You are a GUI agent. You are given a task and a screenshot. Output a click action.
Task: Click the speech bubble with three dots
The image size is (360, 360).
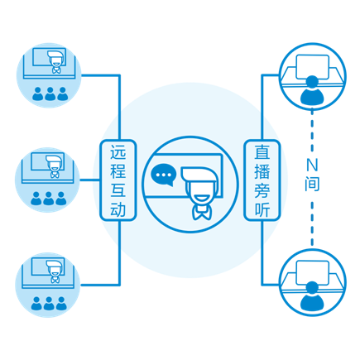coord(163,175)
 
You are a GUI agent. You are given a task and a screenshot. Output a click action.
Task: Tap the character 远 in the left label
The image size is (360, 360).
coord(118,151)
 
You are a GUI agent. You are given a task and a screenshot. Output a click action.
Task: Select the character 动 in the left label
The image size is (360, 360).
coord(118,210)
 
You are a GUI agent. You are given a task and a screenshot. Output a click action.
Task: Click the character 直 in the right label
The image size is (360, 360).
coord(262,151)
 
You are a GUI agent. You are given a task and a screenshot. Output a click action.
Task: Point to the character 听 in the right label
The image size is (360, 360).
coord(262,210)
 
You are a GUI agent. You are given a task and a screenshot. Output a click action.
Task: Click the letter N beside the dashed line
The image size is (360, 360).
coord(312,166)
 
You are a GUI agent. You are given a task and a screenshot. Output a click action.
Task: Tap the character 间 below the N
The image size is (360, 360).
coord(312,184)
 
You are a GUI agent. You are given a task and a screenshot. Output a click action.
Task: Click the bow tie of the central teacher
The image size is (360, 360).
coord(202,213)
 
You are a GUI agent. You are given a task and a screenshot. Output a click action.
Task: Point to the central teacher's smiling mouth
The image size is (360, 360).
coord(202,198)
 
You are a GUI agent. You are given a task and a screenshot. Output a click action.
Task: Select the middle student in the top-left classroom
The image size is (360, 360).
coord(50,94)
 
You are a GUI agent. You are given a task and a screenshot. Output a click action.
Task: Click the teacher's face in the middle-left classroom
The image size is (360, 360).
coord(55,166)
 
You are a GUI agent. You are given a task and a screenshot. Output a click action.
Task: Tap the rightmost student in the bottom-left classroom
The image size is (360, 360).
coord(61,304)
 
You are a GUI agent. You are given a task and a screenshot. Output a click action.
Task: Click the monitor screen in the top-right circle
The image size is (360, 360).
coord(312,66)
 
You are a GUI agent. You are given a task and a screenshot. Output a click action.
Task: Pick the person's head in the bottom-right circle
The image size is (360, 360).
coord(312,288)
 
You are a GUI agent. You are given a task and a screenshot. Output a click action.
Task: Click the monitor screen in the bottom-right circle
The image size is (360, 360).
coord(312,272)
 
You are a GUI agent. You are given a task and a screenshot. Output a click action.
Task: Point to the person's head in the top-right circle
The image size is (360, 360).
coord(312,82)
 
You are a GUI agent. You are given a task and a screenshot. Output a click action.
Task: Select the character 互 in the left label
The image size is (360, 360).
coord(118,190)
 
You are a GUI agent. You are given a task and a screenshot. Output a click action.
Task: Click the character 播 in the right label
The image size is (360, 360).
coord(262,171)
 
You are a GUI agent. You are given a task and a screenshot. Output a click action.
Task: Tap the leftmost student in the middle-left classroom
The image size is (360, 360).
coord(36,199)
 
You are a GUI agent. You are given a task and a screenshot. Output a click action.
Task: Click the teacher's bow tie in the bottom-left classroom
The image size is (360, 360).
coord(55,280)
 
